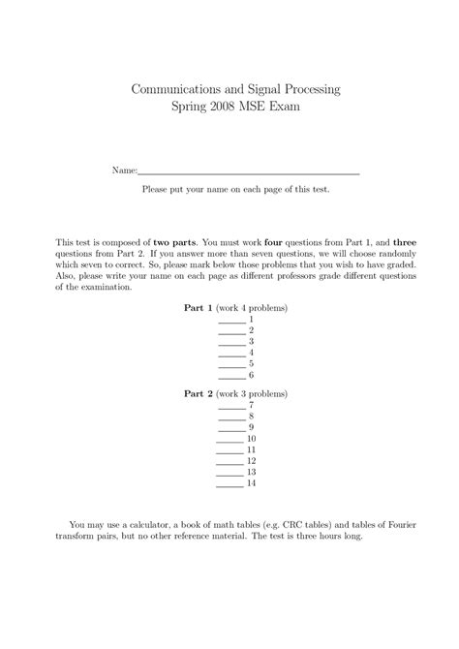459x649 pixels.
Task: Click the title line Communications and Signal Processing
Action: coord(236,89)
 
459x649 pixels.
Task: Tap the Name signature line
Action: coord(249,171)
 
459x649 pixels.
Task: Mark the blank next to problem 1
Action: coord(231,320)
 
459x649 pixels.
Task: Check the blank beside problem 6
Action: coord(231,375)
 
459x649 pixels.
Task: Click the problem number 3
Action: coord(251,341)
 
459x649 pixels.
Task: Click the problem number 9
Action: coord(251,427)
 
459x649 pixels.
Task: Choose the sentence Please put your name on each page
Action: coord(235,190)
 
